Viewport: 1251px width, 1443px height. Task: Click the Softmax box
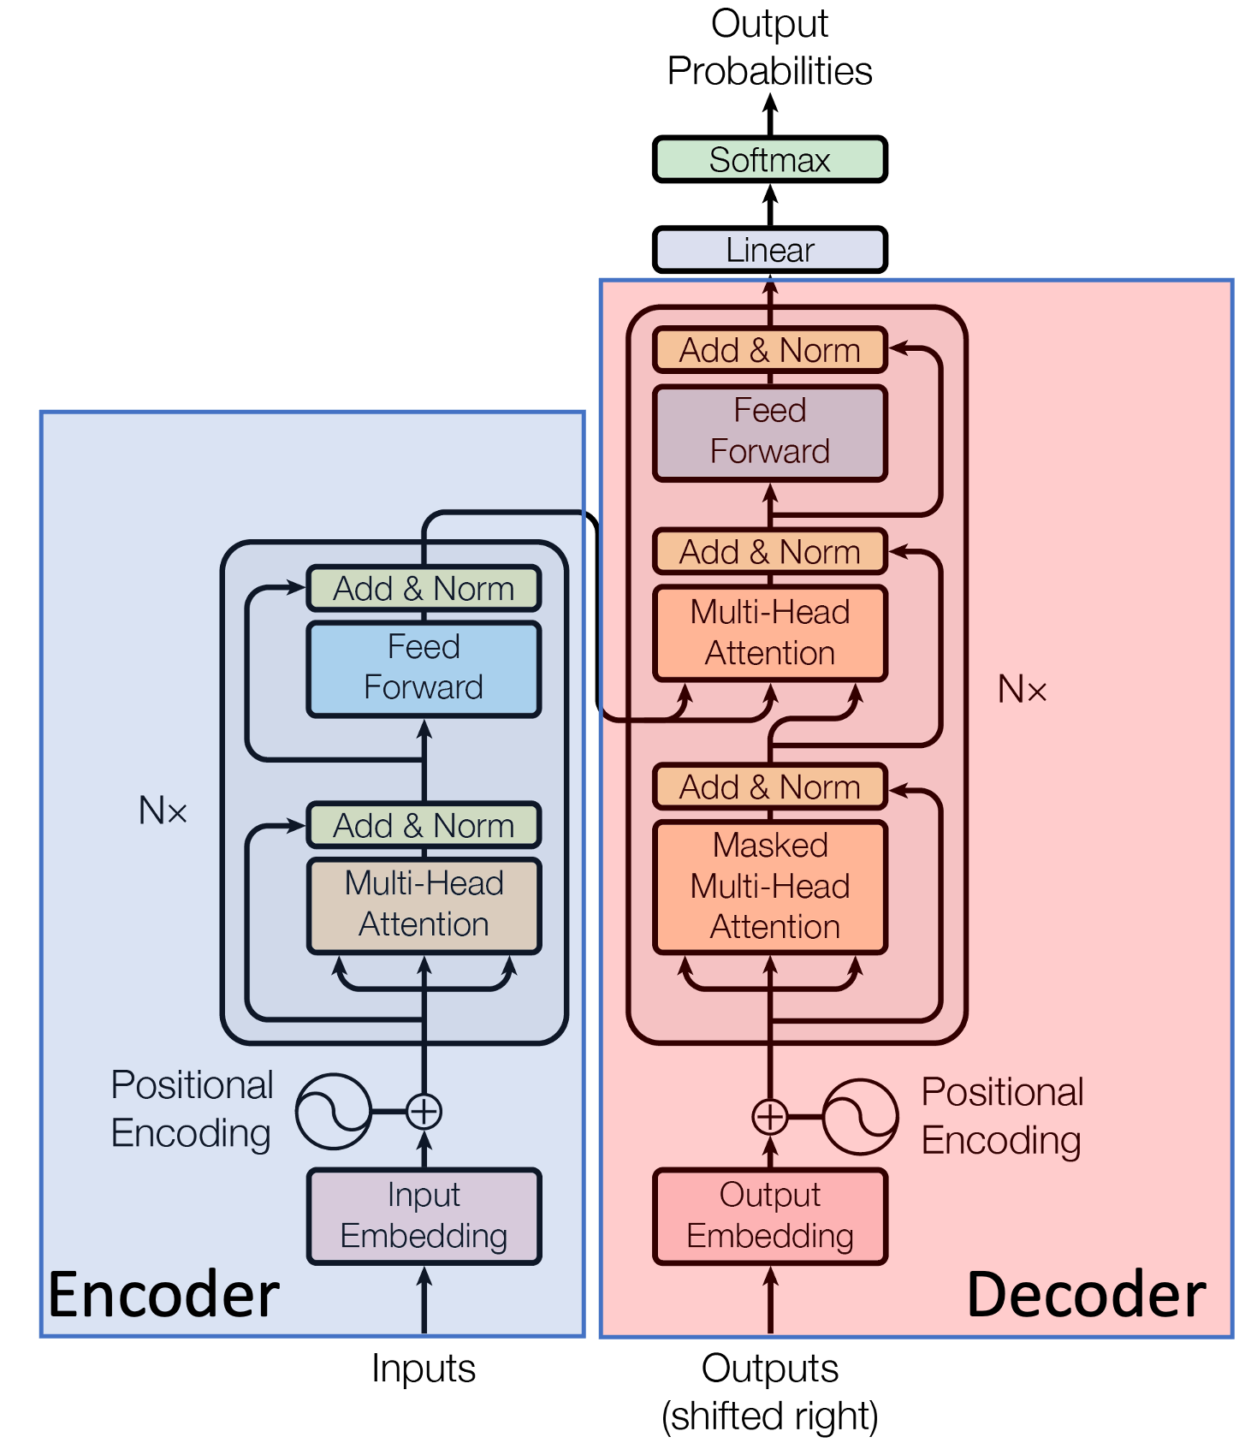click(x=769, y=160)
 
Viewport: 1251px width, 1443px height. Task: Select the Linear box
click(x=769, y=250)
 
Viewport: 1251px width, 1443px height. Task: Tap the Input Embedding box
click(x=424, y=1216)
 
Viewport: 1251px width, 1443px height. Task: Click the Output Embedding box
click(x=770, y=1216)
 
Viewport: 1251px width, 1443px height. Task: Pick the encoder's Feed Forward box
click(x=424, y=668)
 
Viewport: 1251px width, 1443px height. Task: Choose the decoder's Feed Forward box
click(x=770, y=432)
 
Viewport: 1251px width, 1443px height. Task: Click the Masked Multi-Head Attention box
click(x=770, y=887)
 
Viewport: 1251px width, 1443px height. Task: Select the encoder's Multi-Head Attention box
click(x=424, y=905)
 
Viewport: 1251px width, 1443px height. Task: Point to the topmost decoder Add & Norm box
click(x=770, y=350)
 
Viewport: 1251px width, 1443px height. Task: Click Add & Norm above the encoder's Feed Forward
click(x=424, y=589)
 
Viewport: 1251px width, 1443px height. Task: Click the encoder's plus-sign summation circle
click(x=424, y=1112)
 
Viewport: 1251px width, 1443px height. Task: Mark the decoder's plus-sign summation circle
click(x=770, y=1116)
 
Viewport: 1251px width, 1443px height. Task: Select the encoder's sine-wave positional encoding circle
click(x=334, y=1112)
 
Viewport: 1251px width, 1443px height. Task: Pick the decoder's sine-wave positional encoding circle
click(x=860, y=1116)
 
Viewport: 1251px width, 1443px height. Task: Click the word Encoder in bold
click(x=163, y=1295)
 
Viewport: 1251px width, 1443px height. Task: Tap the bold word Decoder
click(x=1086, y=1295)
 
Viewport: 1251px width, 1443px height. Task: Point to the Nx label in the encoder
click(x=163, y=811)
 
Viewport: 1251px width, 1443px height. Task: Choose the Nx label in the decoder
click(x=1023, y=689)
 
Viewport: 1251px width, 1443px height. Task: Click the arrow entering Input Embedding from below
click(x=424, y=1301)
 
